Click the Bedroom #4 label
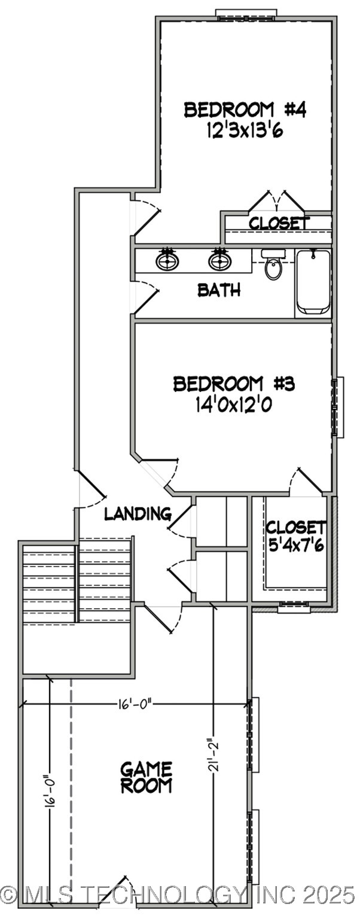point(245,110)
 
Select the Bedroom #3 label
point(234,384)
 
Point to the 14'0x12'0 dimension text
point(234,405)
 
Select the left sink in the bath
point(167,260)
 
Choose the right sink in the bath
point(219,260)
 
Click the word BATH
point(219,291)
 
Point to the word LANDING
point(138,514)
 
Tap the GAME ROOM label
point(147,777)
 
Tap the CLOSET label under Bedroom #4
point(279,223)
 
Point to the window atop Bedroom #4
point(246,14)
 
